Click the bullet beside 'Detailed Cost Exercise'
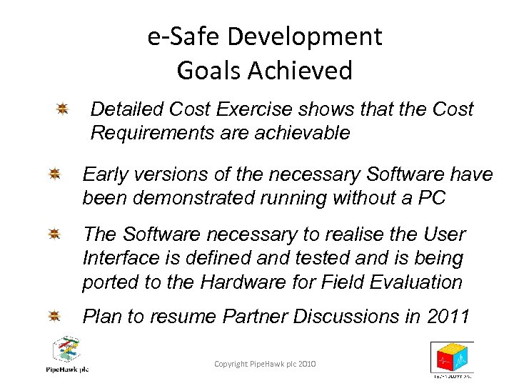point(62,109)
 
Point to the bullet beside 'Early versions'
point(54,174)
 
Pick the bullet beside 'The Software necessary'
point(54,234)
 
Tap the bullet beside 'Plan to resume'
point(54,316)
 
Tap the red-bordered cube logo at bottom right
point(451,357)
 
